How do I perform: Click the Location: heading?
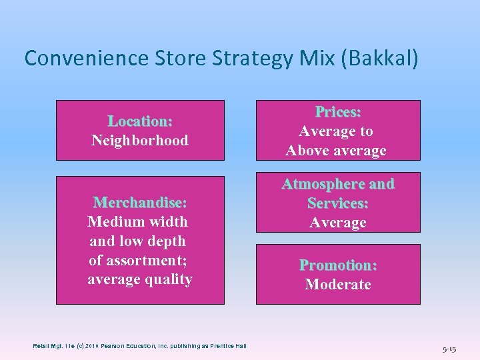click(140, 121)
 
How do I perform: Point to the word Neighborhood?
click(140, 141)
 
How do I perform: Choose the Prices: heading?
click(338, 111)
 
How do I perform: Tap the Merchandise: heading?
click(140, 202)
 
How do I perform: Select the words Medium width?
click(138, 221)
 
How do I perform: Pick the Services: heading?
click(338, 203)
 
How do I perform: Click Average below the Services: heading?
click(338, 222)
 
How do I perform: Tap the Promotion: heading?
click(338, 265)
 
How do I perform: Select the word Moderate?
click(338, 285)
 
